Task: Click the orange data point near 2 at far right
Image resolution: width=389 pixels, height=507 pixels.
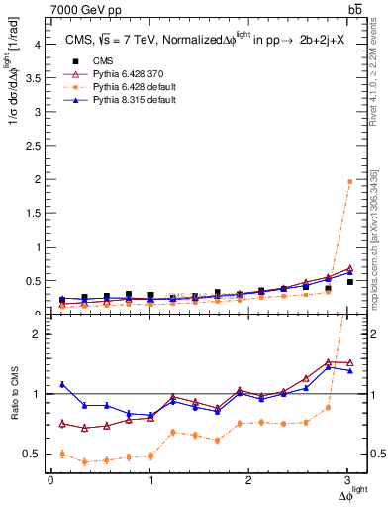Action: coord(349,181)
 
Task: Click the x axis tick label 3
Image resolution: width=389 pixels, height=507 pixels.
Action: coord(350,480)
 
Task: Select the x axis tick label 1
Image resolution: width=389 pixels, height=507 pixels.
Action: coord(150,480)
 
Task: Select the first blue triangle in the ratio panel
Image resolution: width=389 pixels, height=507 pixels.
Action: coord(62,384)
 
